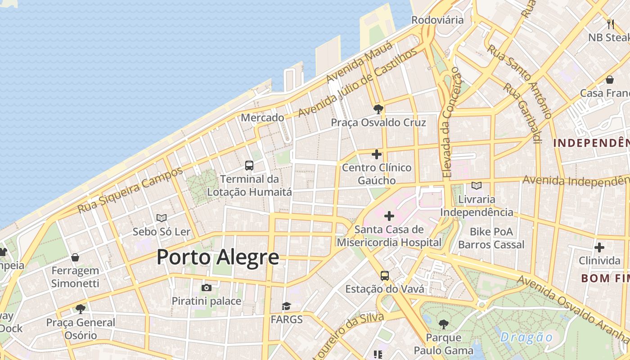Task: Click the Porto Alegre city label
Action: pyautogui.click(x=218, y=257)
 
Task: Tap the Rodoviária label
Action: pyautogui.click(x=437, y=20)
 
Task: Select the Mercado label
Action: pyautogui.click(x=262, y=117)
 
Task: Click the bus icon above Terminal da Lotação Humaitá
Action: pyautogui.click(x=249, y=165)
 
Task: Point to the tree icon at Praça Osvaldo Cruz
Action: pyautogui.click(x=378, y=108)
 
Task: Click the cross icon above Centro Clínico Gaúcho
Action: pyautogui.click(x=377, y=154)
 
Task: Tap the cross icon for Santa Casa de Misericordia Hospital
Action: pyautogui.click(x=389, y=216)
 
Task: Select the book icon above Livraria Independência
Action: pyautogui.click(x=477, y=185)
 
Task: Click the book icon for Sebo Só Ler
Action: pyautogui.click(x=162, y=218)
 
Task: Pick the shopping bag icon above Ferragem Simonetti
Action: pyautogui.click(x=75, y=257)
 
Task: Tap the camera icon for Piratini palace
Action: pyautogui.click(x=207, y=288)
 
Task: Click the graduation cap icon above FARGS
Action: pyautogui.click(x=287, y=306)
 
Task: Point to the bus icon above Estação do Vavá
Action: pyautogui.click(x=384, y=275)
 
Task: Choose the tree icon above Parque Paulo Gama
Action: pyautogui.click(x=444, y=324)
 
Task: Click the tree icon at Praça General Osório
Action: pyautogui.click(x=81, y=309)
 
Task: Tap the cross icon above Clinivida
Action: pyautogui.click(x=599, y=247)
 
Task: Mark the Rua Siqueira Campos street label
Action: pyautogui.click(x=130, y=190)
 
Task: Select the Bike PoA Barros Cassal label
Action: pyautogui.click(x=491, y=238)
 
